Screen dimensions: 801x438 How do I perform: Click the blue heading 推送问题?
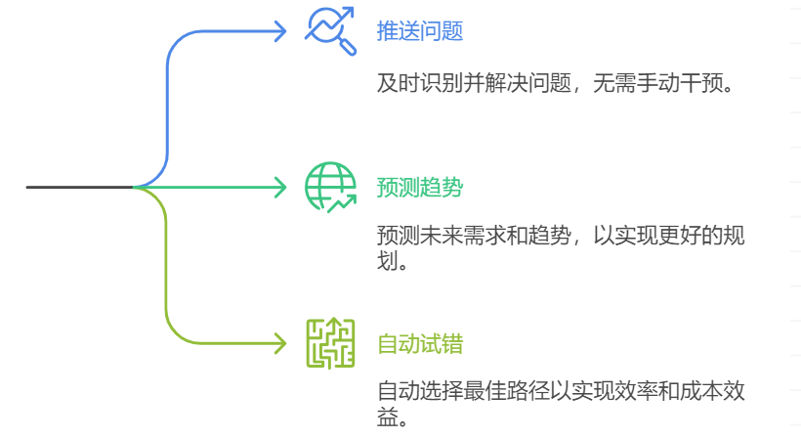(x=419, y=31)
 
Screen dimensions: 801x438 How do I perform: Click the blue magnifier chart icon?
(x=331, y=30)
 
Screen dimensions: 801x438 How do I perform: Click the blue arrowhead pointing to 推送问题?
(x=280, y=30)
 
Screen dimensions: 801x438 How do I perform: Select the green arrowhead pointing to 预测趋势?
(x=280, y=187)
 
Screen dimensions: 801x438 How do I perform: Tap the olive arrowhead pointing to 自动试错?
(x=280, y=343)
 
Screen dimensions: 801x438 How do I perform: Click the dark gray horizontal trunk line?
(x=78, y=187)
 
